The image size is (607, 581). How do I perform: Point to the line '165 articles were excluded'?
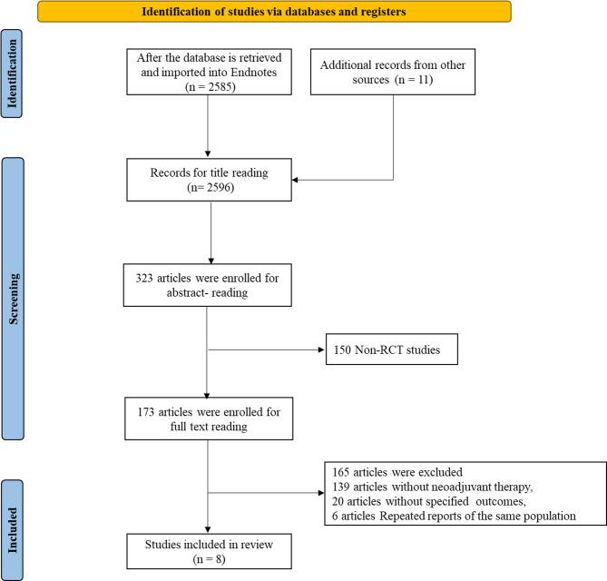pyautogui.click(x=393, y=471)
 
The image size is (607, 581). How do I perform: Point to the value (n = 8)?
pyautogui.click(x=208, y=556)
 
